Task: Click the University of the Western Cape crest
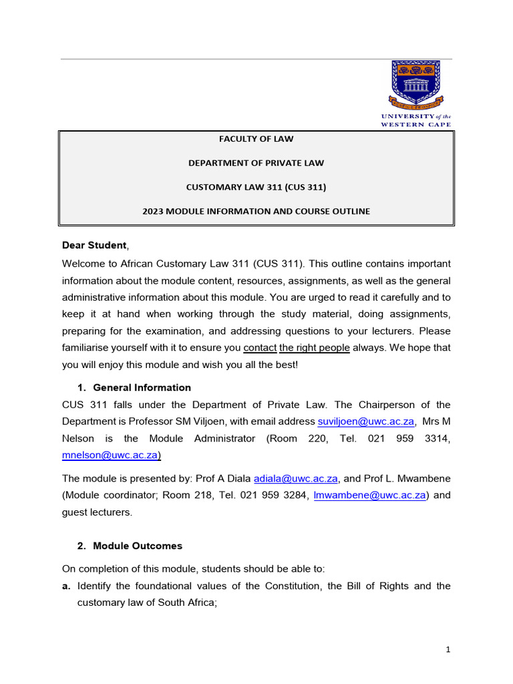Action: click(415, 85)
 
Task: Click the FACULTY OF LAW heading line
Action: click(256, 139)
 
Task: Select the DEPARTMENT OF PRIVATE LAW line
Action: click(256, 163)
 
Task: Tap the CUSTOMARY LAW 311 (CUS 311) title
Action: click(256, 187)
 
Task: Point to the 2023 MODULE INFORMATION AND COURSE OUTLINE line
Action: click(256, 211)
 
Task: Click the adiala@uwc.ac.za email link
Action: click(296, 478)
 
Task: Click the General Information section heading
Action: click(142, 387)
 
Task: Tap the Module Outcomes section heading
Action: click(137, 546)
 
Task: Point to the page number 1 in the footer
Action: click(449, 649)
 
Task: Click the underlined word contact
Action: click(260, 348)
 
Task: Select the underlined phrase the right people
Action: click(315, 348)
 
